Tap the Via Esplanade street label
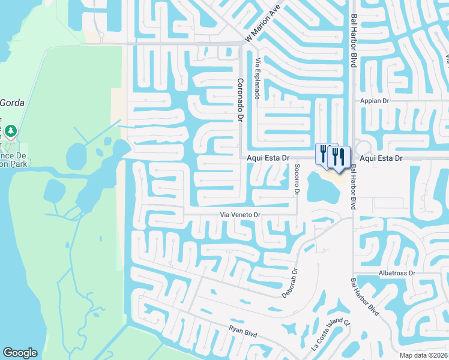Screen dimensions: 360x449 coord(258,78)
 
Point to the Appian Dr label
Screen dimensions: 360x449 coord(375,101)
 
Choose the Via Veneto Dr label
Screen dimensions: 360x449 coord(240,214)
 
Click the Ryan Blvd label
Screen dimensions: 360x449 coord(243,329)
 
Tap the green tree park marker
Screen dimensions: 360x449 coord(10,130)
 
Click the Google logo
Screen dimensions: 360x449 coord(20,353)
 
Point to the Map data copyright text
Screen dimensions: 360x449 coord(423,355)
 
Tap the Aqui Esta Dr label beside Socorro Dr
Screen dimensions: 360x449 coord(268,158)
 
